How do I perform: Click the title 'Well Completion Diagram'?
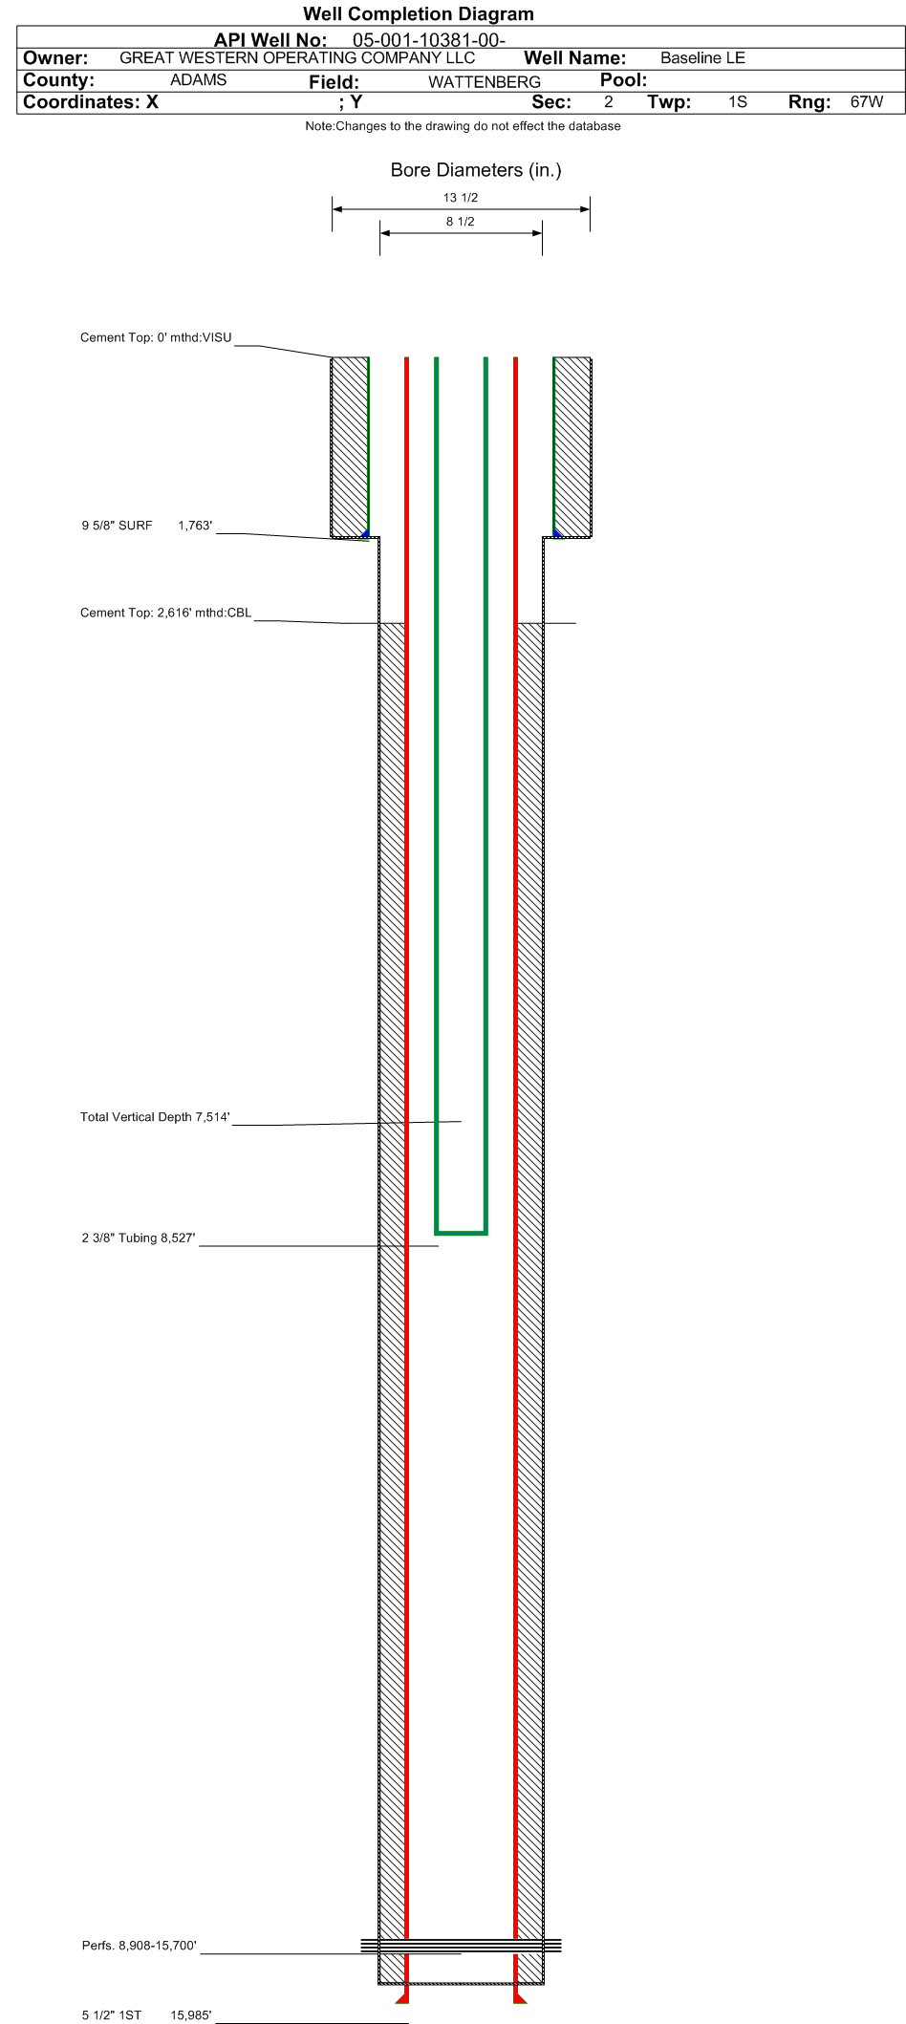(419, 14)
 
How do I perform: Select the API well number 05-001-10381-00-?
(429, 40)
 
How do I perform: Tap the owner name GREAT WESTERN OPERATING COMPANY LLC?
(297, 57)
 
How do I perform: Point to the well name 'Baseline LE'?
(702, 58)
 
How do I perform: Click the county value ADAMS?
(198, 80)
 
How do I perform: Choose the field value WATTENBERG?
(485, 82)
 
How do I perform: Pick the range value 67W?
(867, 101)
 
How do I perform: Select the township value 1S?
(738, 101)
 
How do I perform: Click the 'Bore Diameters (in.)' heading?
(476, 170)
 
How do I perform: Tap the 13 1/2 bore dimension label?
(461, 198)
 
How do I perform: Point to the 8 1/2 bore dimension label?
(461, 222)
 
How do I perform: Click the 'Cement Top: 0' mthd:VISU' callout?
(156, 337)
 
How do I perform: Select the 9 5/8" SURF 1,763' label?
(147, 526)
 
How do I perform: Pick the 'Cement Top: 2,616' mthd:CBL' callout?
(166, 613)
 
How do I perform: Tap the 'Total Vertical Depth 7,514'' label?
(155, 1117)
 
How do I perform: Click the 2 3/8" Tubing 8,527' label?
(139, 1238)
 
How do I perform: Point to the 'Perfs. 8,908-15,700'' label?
(140, 1946)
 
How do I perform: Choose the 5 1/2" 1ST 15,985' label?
(147, 2015)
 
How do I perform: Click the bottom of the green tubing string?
(462, 1232)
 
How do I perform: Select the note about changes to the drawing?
(463, 126)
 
